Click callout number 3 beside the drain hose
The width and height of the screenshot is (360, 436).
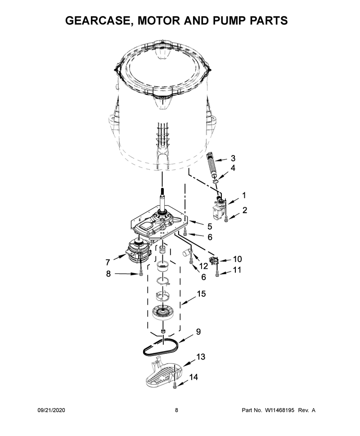(233, 158)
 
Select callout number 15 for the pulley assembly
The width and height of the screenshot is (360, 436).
(201, 294)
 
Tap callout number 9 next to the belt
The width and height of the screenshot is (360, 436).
(198, 332)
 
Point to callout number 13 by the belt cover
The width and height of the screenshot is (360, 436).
(201, 357)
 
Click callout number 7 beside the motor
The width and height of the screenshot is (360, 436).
(108, 262)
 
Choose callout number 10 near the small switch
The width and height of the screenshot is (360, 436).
(237, 259)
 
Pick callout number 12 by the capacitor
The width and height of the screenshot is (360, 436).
(203, 266)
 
